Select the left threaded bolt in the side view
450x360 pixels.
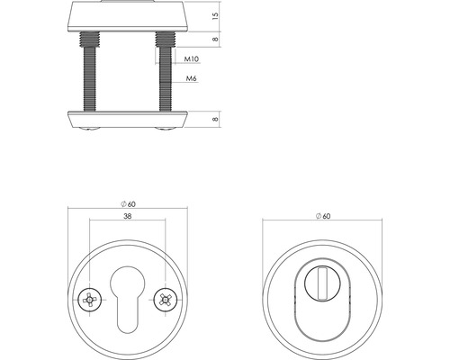tap(91, 81)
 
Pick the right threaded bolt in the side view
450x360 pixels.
tap(164, 81)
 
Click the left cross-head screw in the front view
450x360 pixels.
tap(90, 299)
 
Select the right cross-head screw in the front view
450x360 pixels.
tap(164, 299)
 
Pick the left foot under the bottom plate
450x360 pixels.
tap(91, 130)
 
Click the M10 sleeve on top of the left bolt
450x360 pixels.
tap(91, 40)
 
